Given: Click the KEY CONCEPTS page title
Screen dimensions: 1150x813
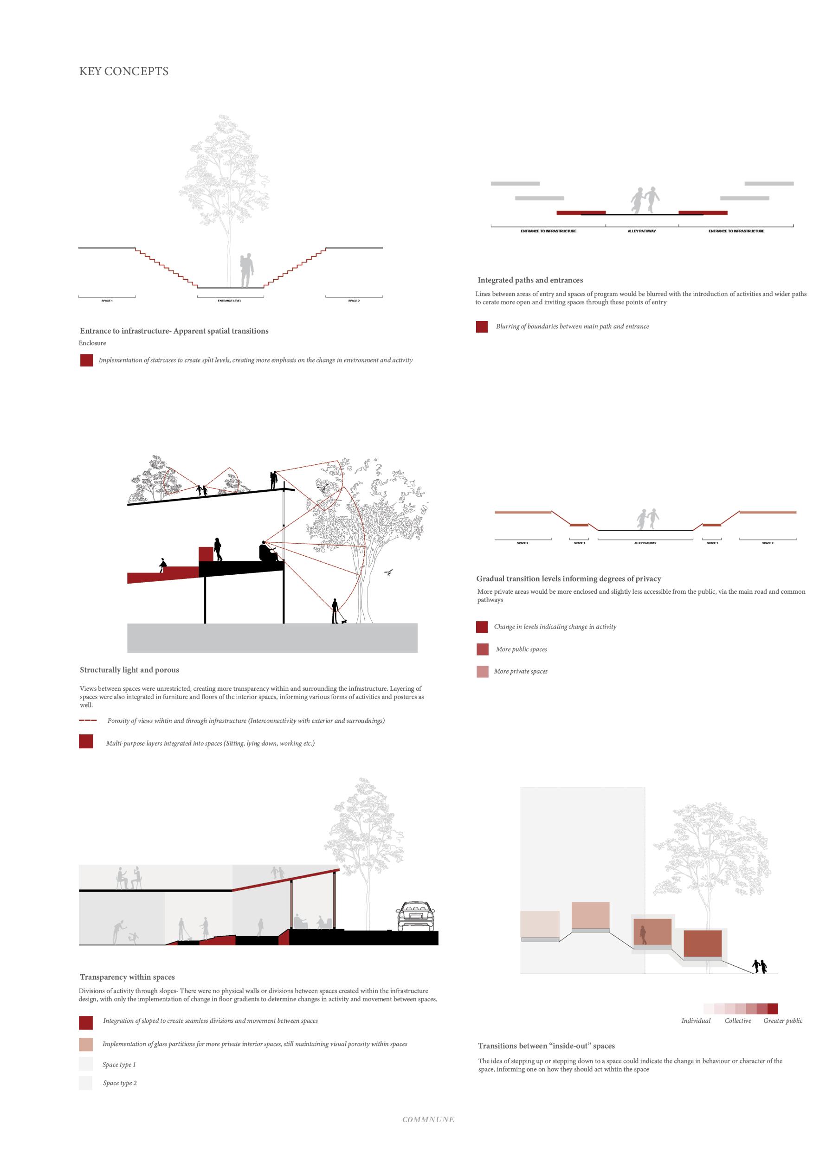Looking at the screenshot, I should (123, 71).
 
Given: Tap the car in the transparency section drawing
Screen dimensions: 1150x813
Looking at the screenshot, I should (414, 917).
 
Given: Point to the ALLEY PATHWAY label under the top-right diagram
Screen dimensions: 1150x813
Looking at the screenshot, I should (641, 231).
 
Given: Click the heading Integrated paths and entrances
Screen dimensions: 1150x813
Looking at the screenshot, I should (530, 280).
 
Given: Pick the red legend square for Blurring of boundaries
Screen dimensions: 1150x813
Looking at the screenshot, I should (482, 327).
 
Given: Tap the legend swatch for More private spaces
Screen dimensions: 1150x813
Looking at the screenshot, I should (483, 672).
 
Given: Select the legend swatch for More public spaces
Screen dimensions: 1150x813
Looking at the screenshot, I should (483, 649).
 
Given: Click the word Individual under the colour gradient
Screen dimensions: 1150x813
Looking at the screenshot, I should (696, 1021).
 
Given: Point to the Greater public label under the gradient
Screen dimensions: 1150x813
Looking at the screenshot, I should (782, 1021).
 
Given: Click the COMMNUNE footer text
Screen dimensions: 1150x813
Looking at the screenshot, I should (428, 1119).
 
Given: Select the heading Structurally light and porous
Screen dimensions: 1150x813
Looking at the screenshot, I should (129, 670).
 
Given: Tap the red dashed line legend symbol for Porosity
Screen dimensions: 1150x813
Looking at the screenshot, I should (88, 721).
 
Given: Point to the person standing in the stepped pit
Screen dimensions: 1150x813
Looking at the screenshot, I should (245, 270).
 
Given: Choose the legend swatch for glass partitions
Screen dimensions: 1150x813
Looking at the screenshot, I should (86, 1044).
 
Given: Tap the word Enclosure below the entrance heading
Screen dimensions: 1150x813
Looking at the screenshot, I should (92, 343).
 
